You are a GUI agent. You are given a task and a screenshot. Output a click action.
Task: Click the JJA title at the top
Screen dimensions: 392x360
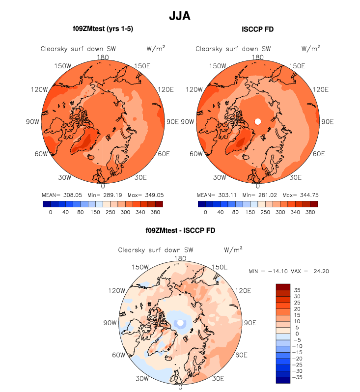tap(180, 16)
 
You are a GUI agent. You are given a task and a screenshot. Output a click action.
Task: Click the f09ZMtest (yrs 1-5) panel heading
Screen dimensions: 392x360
tap(103, 29)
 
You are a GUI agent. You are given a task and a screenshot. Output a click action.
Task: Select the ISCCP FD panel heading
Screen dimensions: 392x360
tap(258, 29)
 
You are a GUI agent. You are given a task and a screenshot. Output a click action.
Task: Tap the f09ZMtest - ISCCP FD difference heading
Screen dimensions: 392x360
tap(180, 230)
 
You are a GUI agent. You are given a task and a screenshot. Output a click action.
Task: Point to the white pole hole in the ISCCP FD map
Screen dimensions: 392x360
tap(257, 121)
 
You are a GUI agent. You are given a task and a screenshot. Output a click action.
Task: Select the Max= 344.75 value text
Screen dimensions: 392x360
tap(300, 195)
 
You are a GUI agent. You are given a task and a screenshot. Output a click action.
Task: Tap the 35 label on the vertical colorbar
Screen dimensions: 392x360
tap(297, 290)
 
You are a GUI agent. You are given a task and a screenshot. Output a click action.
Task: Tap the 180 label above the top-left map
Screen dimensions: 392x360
tap(103, 57)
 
